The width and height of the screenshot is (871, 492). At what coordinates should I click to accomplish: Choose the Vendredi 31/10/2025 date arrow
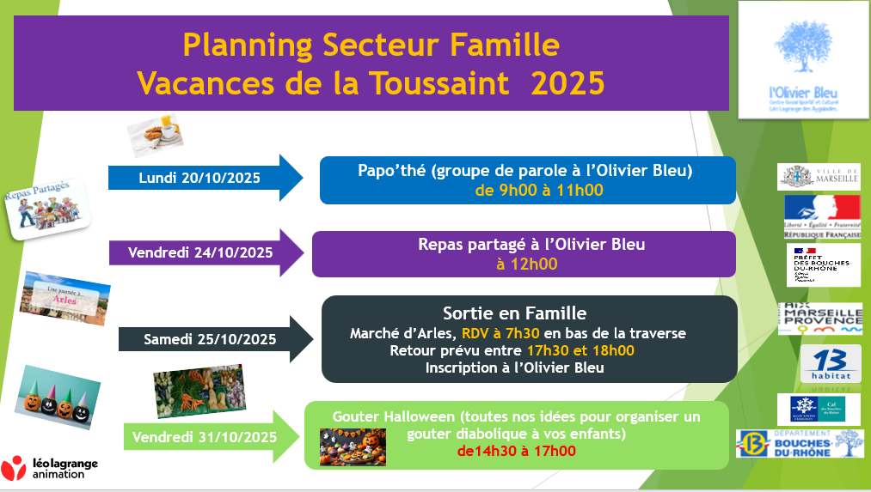pyautogui.click(x=212, y=436)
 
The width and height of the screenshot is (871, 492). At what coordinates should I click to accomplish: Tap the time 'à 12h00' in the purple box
pyautogui.click(x=526, y=264)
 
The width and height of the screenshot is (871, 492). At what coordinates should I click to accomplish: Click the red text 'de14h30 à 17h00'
pyautogui.click(x=516, y=451)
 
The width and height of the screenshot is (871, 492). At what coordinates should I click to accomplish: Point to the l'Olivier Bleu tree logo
pyautogui.click(x=804, y=60)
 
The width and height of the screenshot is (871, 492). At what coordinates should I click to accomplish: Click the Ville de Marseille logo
pyautogui.click(x=818, y=176)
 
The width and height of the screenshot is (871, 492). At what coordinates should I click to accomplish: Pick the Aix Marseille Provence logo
pyautogui.click(x=819, y=318)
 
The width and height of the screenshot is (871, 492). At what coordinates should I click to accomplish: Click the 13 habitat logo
pyautogui.click(x=830, y=365)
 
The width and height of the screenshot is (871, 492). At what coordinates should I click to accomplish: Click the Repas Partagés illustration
pyautogui.click(x=48, y=208)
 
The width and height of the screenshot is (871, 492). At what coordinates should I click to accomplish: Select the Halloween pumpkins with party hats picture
pyautogui.click(x=57, y=397)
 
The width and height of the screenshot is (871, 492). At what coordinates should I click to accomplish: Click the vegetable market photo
pyautogui.click(x=198, y=391)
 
